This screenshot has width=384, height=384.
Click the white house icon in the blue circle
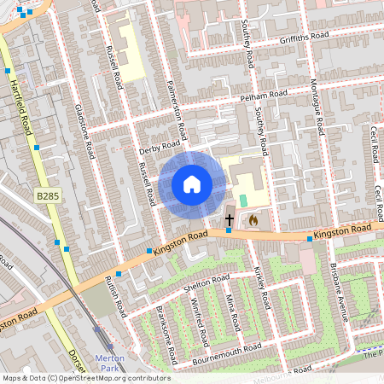[192, 184]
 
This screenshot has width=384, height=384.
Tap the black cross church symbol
[229, 220]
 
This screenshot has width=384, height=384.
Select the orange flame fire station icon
[253, 220]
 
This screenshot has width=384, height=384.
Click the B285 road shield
[48, 196]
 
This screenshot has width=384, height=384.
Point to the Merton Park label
[111, 362]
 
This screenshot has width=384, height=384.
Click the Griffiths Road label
[304, 38]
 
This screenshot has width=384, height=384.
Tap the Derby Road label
[155, 150]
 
